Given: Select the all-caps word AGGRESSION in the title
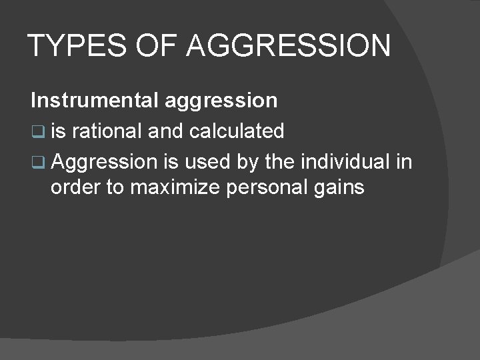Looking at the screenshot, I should (289, 46).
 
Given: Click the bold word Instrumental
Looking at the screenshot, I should (94, 101).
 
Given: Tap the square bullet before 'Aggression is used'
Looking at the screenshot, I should (38, 163).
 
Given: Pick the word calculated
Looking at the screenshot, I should (237, 131).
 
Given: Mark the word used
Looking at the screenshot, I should (206, 162).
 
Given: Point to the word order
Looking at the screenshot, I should (75, 187).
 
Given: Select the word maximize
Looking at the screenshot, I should (175, 187).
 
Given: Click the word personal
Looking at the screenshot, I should (267, 187).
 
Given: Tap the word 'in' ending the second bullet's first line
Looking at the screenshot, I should (404, 162).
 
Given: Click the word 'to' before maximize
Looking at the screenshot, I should (115, 187).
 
